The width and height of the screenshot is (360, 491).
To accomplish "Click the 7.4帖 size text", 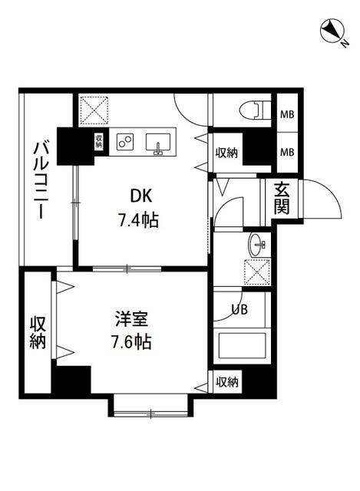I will tap(137, 221).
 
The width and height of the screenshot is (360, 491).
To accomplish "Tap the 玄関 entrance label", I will tap(281, 199).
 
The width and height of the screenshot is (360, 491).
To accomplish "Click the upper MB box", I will tap(286, 115).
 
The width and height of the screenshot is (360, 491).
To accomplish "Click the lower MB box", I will tap(286, 151).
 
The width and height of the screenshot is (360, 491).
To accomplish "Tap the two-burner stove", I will tap(125, 142).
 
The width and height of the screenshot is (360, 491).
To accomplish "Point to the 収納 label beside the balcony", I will tap(100, 142).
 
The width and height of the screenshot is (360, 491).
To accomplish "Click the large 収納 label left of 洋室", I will tap(38, 332).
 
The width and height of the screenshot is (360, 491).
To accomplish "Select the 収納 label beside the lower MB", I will tap(226, 152).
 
